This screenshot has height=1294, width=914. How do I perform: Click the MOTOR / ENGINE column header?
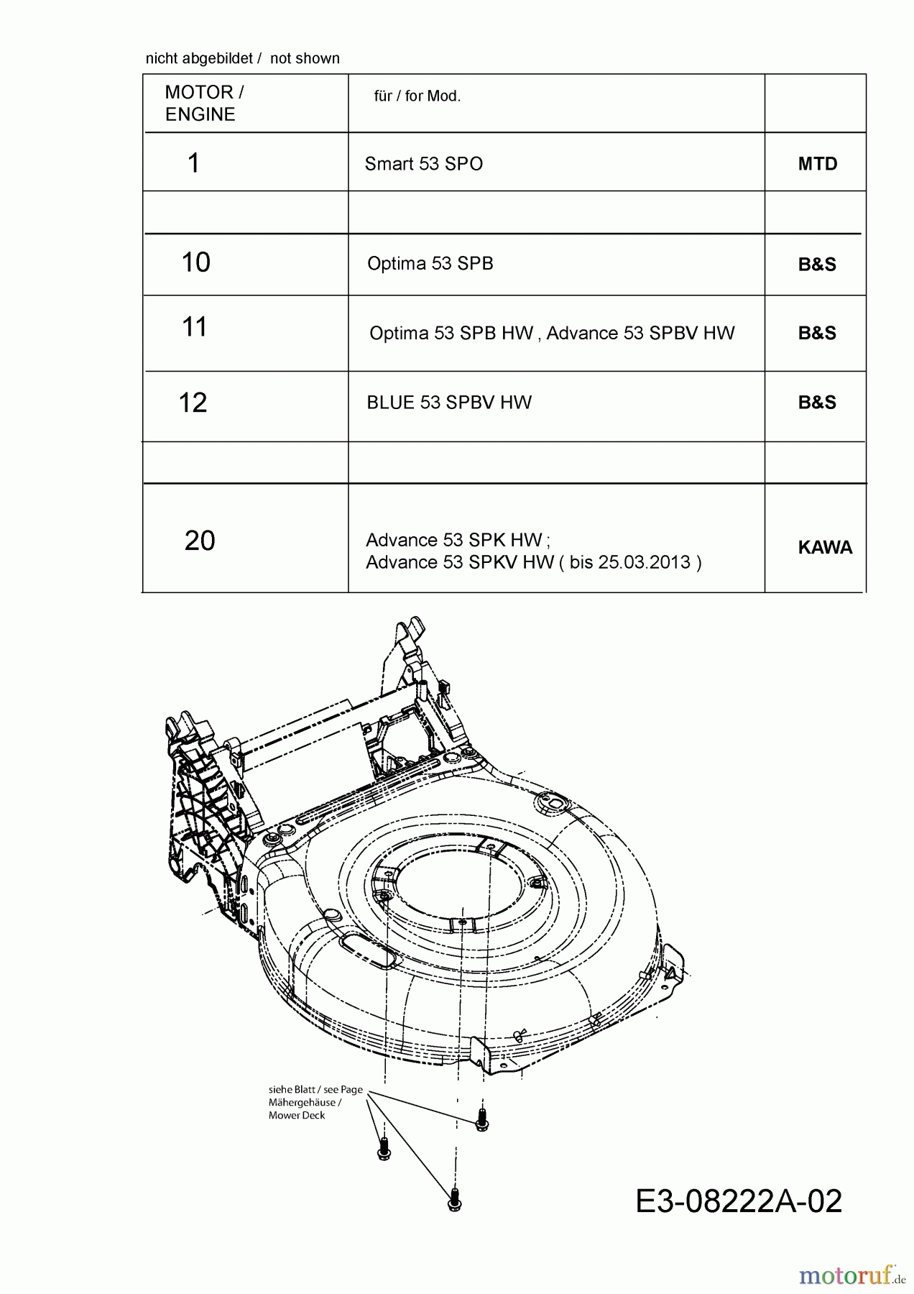click(x=204, y=103)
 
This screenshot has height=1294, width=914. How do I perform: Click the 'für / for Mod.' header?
click(x=417, y=96)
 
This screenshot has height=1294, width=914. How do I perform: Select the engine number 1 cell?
click(x=193, y=163)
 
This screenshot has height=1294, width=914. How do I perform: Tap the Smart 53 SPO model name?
click(x=423, y=164)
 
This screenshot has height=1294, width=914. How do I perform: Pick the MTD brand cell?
click(x=818, y=164)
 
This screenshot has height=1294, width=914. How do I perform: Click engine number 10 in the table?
click(x=195, y=262)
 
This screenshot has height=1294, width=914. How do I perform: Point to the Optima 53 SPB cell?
click(x=430, y=263)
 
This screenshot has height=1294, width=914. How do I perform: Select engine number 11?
click(x=195, y=327)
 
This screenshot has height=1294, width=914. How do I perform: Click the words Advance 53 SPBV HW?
click(x=640, y=333)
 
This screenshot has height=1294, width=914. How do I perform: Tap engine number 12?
click(x=193, y=403)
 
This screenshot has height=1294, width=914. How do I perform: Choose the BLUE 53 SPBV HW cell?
click(x=449, y=403)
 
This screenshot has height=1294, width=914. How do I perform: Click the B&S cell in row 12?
click(x=817, y=403)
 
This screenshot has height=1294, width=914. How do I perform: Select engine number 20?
click(x=200, y=541)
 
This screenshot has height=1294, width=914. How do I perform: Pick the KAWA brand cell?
click(x=825, y=548)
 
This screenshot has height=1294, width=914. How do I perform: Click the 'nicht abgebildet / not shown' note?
click(x=242, y=58)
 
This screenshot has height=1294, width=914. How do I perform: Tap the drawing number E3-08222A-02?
click(x=738, y=1201)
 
